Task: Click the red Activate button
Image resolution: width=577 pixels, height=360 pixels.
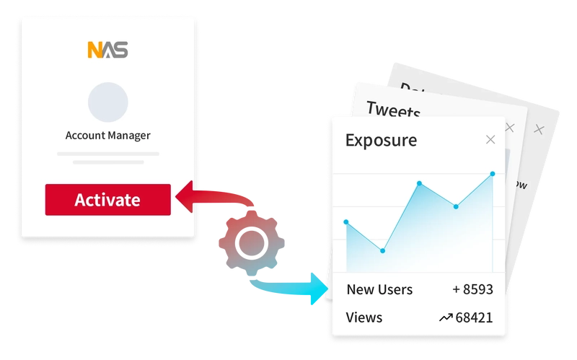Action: pos(107,200)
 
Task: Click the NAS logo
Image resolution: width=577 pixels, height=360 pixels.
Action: pos(107,51)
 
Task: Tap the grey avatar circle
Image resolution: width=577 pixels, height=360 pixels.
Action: pos(107,101)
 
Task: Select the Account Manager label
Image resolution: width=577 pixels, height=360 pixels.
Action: pos(107,135)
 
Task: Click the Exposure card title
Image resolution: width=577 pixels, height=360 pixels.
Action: pos(381,139)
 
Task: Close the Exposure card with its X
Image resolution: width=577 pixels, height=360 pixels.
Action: pos(490,139)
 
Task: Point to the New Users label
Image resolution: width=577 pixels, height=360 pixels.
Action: pos(379,289)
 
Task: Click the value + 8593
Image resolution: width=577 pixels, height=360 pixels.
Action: pos(472,289)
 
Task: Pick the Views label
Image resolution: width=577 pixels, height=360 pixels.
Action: pos(364,317)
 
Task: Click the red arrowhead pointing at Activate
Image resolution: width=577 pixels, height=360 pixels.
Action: pos(182,198)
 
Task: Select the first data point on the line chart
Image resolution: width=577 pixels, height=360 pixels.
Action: pos(346,221)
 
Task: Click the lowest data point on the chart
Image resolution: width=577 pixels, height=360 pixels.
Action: pos(382,250)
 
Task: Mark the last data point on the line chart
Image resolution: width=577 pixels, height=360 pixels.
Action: pos(493,173)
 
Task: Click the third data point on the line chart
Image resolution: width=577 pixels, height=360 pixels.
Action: pos(419,183)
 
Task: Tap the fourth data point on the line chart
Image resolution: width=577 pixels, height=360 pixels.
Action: pos(456,206)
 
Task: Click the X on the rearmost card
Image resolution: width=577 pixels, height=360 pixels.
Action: pos(537,129)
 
